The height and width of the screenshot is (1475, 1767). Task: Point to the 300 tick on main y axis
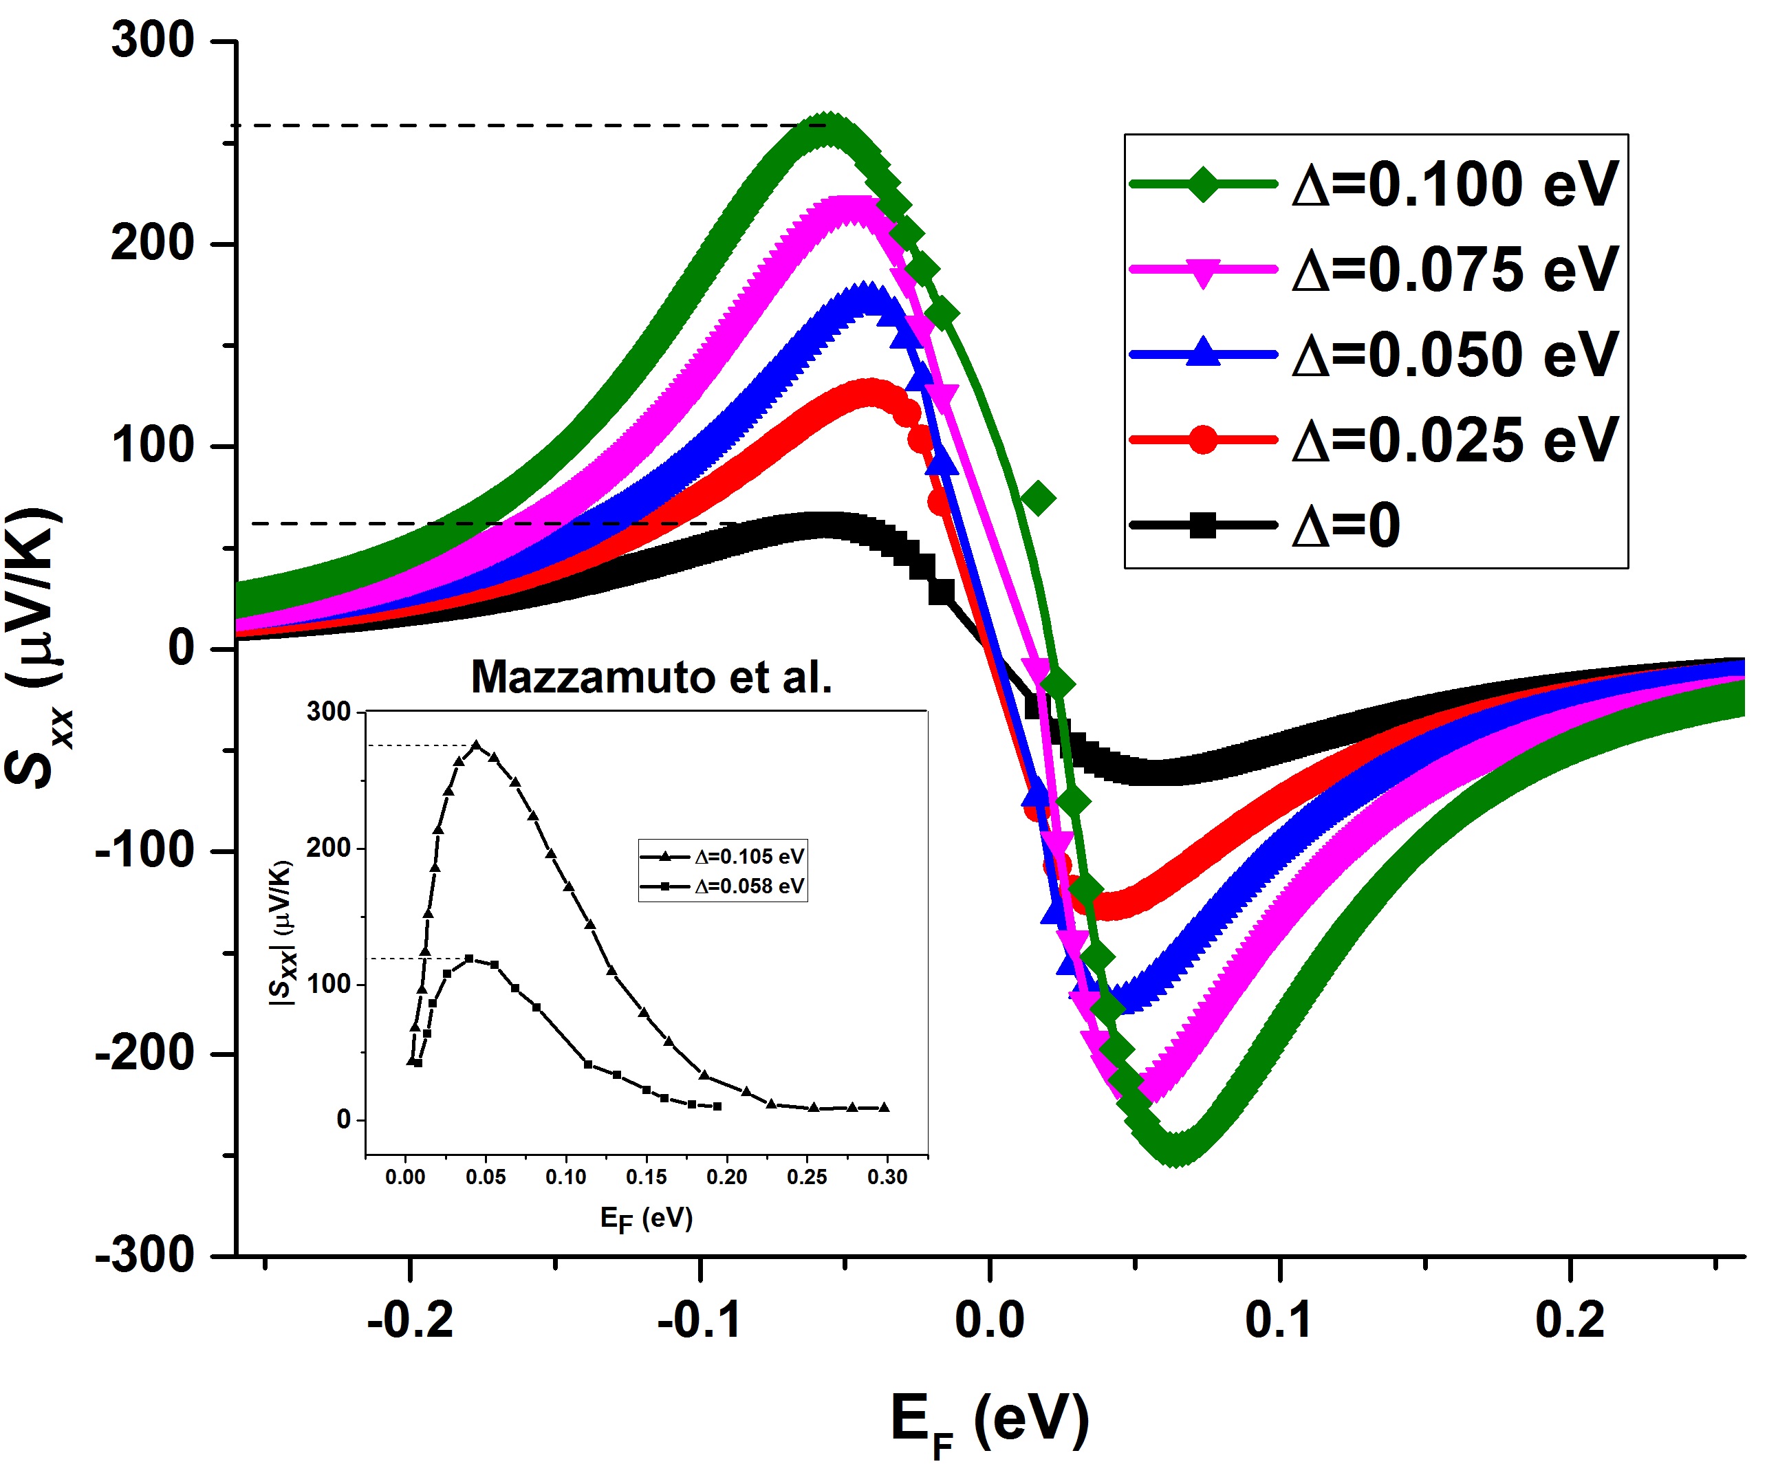click(x=153, y=41)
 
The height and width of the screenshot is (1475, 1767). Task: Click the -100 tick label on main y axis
click(x=144, y=851)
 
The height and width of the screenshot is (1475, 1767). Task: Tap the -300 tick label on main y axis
click(x=144, y=1256)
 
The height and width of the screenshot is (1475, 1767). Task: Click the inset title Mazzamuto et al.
click(x=651, y=677)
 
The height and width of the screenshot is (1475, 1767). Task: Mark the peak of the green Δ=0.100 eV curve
click(x=828, y=129)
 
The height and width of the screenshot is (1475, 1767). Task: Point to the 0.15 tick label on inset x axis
click(x=647, y=1177)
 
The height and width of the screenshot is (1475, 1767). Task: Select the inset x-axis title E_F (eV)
click(x=647, y=1218)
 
